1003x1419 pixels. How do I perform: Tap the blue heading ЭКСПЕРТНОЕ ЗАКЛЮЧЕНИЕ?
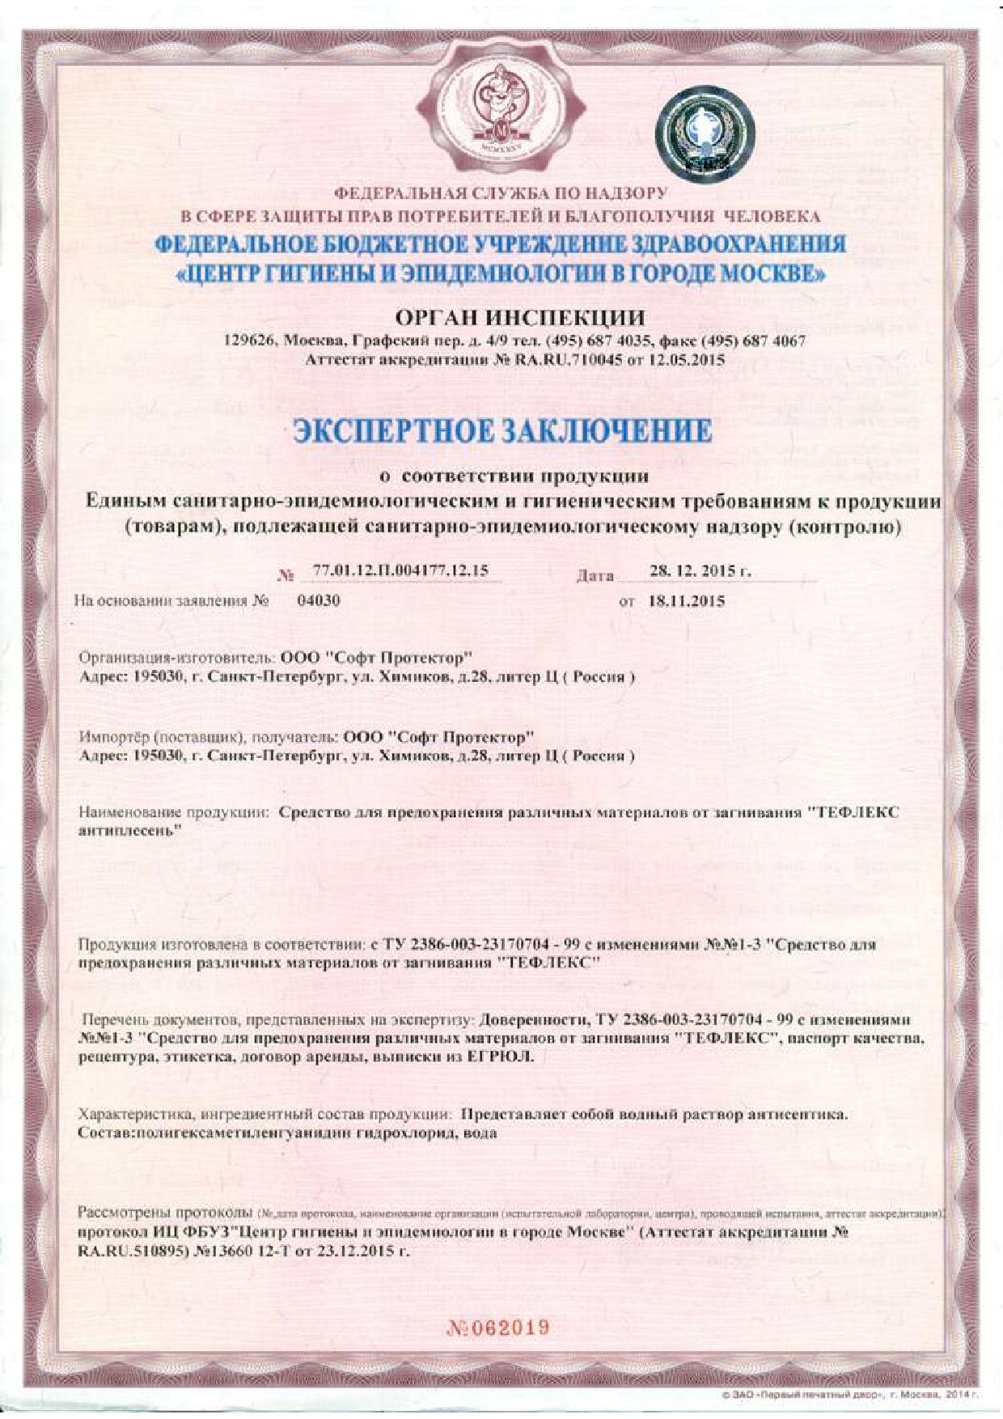[x=502, y=431]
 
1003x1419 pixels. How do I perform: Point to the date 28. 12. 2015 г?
[x=700, y=571]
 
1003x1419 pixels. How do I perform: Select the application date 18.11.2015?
[x=684, y=601]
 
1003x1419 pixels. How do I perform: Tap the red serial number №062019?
[x=499, y=1328]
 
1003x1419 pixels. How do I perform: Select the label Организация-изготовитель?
[x=178, y=658]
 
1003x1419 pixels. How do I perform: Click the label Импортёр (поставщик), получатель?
[x=208, y=737]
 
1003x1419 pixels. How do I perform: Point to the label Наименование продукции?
[x=173, y=812]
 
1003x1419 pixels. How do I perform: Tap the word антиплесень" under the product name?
[x=129, y=831]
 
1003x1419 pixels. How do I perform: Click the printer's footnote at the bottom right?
[x=849, y=1396]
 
